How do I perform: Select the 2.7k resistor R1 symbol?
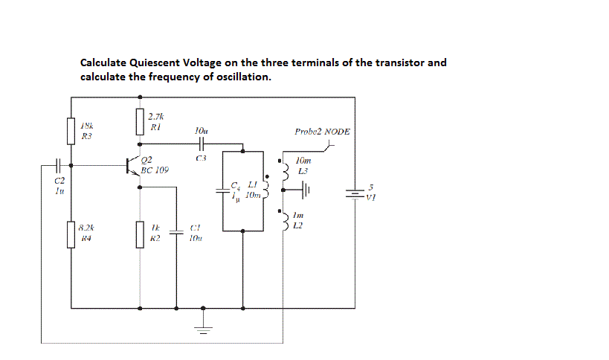click(140, 120)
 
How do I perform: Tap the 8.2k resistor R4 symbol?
click(71, 234)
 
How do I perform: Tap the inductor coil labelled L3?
click(283, 172)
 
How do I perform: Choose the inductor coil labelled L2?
click(283, 220)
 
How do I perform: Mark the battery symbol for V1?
click(354, 193)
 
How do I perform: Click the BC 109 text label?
click(155, 170)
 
